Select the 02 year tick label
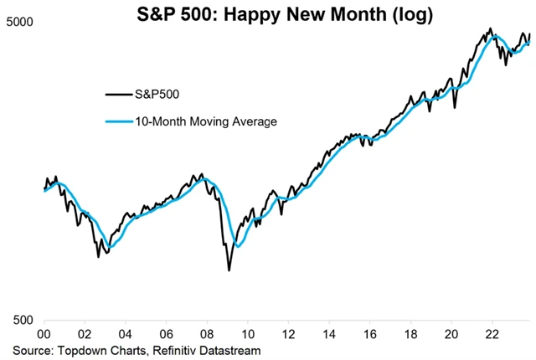85,332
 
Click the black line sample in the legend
117,94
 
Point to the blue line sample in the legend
117,121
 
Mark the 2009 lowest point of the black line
229,270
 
